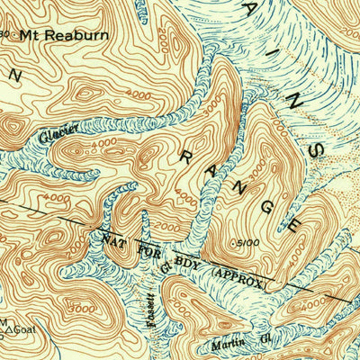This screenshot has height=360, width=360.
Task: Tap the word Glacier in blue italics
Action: pyautogui.click(x=58, y=135)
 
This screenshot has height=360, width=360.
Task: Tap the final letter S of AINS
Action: pyautogui.click(x=312, y=149)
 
